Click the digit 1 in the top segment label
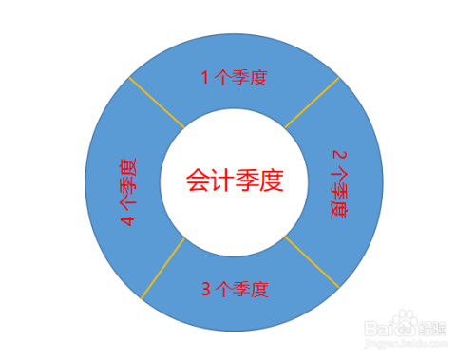click(x=205, y=78)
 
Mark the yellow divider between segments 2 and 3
click(x=312, y=259)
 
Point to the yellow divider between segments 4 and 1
click(x=156, y=102)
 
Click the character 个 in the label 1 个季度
click(x=224, y=78)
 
